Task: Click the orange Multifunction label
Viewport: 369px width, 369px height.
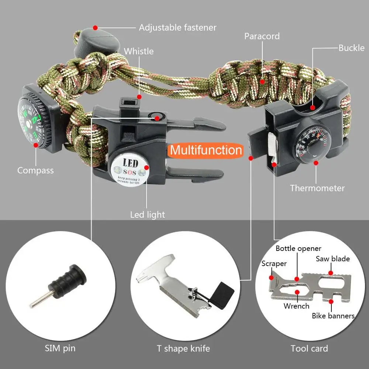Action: [206, 150]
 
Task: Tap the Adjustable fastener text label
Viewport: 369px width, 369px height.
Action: [177, 27]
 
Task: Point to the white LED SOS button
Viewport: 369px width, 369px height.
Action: [130, 168]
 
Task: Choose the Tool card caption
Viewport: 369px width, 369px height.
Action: [309, 348]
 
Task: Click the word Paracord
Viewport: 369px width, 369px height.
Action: [262, 36]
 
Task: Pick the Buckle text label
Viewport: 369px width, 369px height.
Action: [351, 48]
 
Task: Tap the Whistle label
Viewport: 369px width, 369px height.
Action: [139, 51]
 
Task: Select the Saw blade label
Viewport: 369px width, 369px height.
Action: [332, 259]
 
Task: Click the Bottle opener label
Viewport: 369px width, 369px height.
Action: [298, 248]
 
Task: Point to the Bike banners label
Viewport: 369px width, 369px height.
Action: [333, 315]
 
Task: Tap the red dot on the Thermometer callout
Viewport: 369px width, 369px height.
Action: [316, 162]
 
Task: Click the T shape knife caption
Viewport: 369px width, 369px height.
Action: [183, 348]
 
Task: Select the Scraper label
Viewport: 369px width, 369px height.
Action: [274, 263]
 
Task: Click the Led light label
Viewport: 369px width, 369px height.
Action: [148, 214]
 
